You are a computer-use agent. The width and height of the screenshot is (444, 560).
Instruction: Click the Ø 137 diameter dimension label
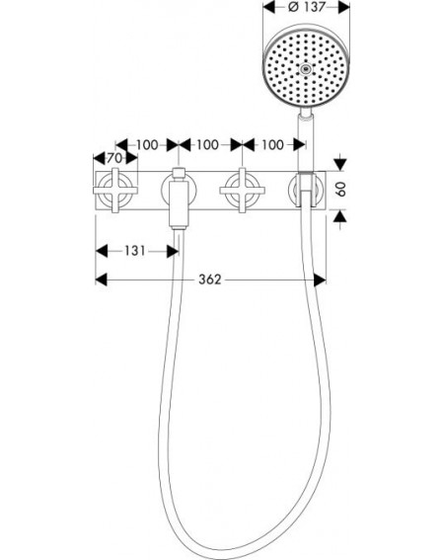[x=307, y=7]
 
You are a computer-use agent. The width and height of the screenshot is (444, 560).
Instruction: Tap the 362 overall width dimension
[x=210, y=280]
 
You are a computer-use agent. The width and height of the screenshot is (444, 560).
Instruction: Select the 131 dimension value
[x=134, y=251]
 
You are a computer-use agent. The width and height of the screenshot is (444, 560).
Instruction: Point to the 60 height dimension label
[x=342, y=189]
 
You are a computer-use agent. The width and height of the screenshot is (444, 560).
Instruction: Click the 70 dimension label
[x=114, y=158]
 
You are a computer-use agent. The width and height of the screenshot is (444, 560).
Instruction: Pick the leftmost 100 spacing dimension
[x=147, y=145]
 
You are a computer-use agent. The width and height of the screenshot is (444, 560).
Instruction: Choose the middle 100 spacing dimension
[x=208, y=145]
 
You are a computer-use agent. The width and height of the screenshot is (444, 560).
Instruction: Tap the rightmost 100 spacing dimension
[x=272, y=145]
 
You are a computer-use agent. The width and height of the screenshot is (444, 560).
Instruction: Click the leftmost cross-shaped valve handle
[x=115, y=191]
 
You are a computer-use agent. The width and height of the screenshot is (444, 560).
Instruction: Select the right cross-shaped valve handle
[x=243, y=191]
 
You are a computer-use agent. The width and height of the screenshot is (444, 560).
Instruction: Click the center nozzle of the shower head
[x=305, y=69]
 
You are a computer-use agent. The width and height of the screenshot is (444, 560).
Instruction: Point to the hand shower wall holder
[x=306, y=190]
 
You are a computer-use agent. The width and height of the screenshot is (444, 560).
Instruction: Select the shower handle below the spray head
[x=306, y=142]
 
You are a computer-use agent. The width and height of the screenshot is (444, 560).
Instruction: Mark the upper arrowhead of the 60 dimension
[x=340, y=164]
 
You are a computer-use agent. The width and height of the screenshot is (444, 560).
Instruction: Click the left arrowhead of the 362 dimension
[x=102, y=280]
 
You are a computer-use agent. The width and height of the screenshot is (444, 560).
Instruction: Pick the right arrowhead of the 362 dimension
[x=320, y=280]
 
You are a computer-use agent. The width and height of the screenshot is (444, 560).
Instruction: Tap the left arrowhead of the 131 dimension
[x=102, y=251]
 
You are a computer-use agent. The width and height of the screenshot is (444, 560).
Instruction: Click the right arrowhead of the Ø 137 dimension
[x=344, y=7]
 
